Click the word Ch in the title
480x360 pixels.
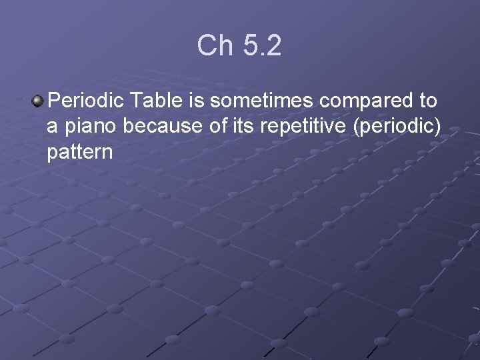pyautogui.click(x=213, y=45)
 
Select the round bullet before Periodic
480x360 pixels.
pyautogui.click(x=37, y=101)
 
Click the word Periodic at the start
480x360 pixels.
pyautogui.click(x=87, y=101)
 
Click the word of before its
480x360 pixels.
pyautogui.click(x=219, y=127)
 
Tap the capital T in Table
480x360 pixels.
pyautogui.click(x=136, y=101)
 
